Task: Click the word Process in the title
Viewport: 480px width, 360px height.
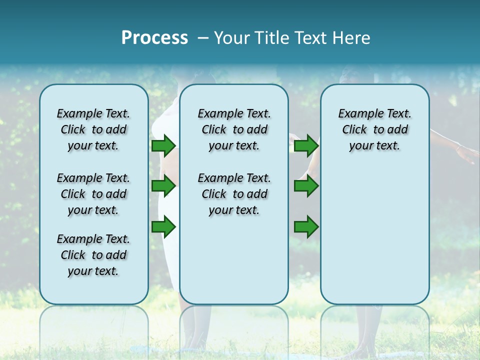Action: (x=154, y=38)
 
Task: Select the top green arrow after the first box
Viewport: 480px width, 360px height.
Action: (x=163, y=145)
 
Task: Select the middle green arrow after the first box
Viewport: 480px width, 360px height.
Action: (x=163, y=186)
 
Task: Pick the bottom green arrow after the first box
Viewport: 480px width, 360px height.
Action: (x=163, y=227)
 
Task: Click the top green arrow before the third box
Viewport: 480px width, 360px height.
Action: (x=306, y=145)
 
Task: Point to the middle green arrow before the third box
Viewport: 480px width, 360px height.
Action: (x=306, y=186)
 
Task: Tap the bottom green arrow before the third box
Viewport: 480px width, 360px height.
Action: (x=306, y=227)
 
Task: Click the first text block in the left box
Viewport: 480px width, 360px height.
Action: (x=93, y=129)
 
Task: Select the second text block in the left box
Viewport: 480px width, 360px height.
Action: (x=93, y=194)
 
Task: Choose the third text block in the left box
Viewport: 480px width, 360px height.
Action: (x=93, y=255)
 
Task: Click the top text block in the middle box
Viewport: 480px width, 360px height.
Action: (x=234, y=129)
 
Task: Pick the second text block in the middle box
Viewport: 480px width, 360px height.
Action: (x=234, y=194)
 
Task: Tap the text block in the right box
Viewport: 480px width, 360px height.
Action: (x=374, y=129)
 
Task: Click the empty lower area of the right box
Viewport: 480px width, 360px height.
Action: (x=374, y=235)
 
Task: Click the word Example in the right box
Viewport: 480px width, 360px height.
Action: (x=356, y=114)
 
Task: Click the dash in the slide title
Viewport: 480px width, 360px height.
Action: (x=203, y=38)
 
